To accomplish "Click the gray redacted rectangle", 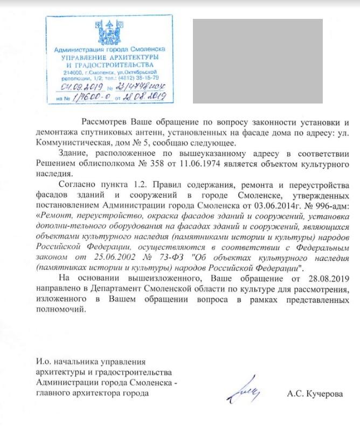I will coord(258,61).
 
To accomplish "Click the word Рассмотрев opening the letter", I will coord(105,122).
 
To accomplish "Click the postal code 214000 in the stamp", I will coord(73,72).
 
